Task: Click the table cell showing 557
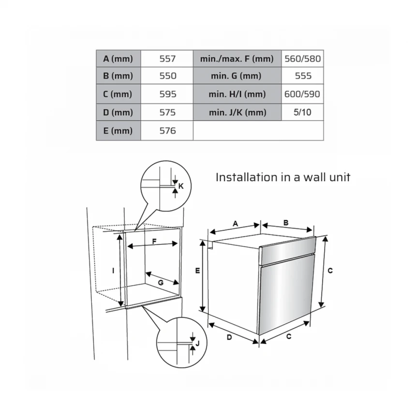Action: pos(167,59)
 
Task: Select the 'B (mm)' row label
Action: pos(119,76)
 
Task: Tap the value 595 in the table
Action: pos(167,94)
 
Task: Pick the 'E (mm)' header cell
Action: pos(119,131)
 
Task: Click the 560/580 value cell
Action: pos(302,59)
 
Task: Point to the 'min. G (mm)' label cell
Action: pos(237,76)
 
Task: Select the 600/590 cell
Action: pos(302,94)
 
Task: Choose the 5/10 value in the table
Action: pos(302,113)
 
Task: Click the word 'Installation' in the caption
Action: pos(247,177)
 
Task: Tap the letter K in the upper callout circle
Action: pos(181,186)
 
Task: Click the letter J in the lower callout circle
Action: pos(197,343)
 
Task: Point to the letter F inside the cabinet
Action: pos(154,241)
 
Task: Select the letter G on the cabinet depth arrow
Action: pos(161,283)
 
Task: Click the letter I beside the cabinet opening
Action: pos(113,270)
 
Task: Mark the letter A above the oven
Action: pos(235,223)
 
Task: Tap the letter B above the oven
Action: pos(286,223)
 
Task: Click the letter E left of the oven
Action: pos(197,270)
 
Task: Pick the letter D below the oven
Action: pos(229,337)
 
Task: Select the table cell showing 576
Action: pos(167,131)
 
